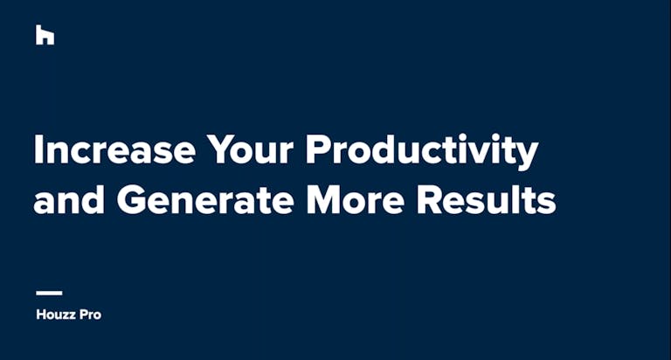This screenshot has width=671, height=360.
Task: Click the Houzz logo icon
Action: tap(45, 35)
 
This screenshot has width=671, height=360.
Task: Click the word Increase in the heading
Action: tap(114, 149)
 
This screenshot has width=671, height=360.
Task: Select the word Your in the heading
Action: tap(251, 149)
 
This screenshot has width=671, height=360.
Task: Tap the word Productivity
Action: tap(421, 152)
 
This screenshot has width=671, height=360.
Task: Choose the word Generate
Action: tap(205, 199)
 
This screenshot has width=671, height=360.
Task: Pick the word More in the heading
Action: tap(356, 199)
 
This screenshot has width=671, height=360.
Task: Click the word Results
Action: tap(486, 199)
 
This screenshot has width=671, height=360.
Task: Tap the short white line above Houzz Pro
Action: tap(49, 294)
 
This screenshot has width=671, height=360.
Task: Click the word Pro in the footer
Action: tap(91, 315)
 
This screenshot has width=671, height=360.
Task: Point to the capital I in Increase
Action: tap(38, 149)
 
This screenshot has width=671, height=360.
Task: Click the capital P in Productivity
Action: tap(317, 149)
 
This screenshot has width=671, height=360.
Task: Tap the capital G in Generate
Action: tap(131, 199)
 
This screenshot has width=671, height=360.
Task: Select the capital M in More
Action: tap(323, 199)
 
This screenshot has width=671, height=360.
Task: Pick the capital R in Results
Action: tap(429, 199)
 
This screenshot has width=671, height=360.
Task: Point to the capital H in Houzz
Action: tap(41, 315)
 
